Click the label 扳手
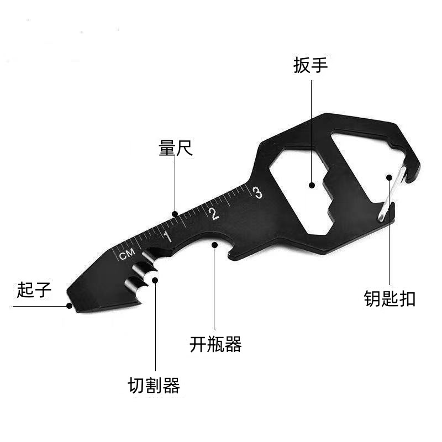click(311, 66)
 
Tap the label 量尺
click(176, 148)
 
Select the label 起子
click(34, 290)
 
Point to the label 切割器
click(154, 385)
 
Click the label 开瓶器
click(215, 345)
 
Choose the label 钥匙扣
click(390, 299)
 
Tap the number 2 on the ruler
click(214, 213)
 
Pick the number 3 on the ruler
click(256, 192)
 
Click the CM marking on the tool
click(127, 255)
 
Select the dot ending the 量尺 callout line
click(175, 214)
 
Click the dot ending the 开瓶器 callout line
click(214, 243)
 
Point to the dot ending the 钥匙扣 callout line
click(390, 177)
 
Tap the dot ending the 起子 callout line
click(69, 305)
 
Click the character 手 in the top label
click(319, 66)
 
